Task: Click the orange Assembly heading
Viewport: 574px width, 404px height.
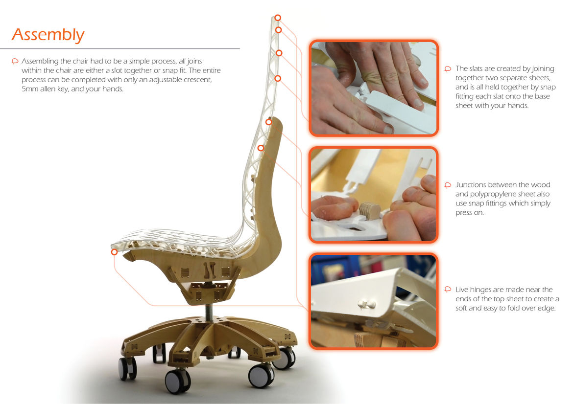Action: click(48, 35)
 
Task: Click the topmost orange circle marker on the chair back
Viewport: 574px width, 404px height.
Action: click(278, 18)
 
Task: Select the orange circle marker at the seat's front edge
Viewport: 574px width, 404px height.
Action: click(114, 252)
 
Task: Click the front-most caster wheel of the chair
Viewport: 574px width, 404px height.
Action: click(178, 382)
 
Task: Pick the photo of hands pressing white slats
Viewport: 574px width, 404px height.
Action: click(374, 88)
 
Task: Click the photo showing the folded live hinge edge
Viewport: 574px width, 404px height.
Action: click(374, 301)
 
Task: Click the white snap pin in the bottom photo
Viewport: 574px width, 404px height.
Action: click(366, 303)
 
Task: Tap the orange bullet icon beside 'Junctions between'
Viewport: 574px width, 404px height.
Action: click(448, 185)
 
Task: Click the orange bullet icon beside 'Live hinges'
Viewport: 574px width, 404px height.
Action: click(448, 290)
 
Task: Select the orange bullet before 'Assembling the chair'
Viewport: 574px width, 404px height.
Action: click(15, 61)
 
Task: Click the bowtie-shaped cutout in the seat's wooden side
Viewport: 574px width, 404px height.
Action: click(209, 270)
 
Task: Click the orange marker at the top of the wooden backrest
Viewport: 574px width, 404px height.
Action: click(269, 122)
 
